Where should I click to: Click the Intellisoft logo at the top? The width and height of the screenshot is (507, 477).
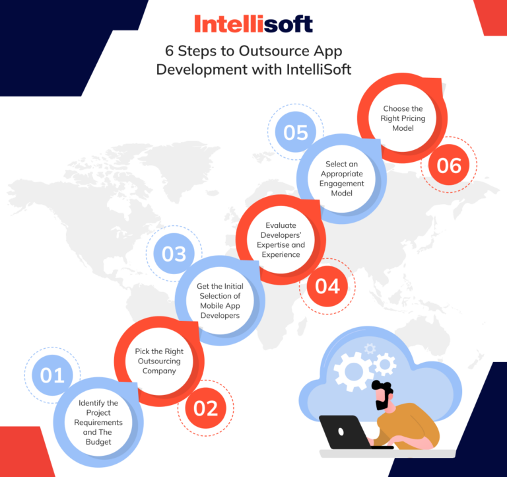point(253,24)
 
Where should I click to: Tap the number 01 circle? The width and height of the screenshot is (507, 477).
point(52,375)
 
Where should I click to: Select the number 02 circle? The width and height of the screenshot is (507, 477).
point(205,408)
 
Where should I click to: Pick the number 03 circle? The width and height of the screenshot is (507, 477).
point(174,254)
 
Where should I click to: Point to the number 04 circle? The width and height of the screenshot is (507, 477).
point(327,286)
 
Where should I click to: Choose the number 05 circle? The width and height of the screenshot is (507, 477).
point(296,132)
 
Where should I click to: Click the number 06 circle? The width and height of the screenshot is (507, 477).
point(449,165)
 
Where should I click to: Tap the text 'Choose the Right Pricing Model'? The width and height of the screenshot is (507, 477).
point(403,118)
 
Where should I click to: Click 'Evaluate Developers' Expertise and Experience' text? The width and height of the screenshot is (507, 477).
point(281,240)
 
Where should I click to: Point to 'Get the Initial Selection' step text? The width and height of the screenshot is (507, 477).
point(220,301)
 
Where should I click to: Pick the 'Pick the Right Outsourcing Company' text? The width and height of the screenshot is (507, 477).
point(159,361)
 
